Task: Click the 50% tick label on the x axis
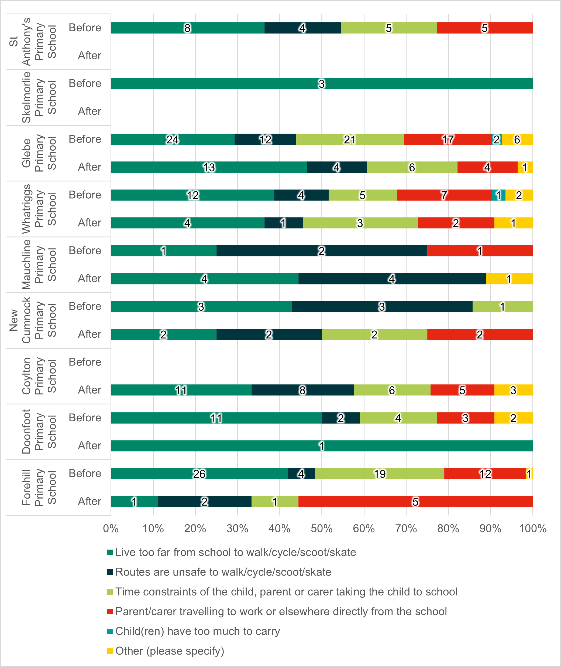click(x=321, y=529)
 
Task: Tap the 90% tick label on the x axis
click(x=490, y=529)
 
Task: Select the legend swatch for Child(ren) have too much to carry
click(x=110, y=631)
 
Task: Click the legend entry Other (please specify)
click(x=170, y=651)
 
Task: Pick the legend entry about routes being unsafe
click(x=223, y=572)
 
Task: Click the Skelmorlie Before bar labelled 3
click(x=322, y=84)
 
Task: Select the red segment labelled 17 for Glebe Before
click(x=448, y=140)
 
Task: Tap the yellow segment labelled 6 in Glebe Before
click(x=517, y=140)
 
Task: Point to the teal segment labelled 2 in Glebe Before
click(x=497, y=140)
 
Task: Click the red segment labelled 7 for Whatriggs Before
click(x=444, y=195)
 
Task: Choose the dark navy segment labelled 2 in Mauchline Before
click(x=322, y=251)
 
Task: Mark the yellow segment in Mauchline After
click(x=509, y=279)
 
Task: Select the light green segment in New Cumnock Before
click(x=503, y=307)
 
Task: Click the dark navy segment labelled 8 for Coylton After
click(x=302, y=390)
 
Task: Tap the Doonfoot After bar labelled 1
click(x=322, y=446)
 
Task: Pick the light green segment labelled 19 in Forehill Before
click(x=379, y=474)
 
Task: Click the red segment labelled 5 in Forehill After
click(x=415, y=502)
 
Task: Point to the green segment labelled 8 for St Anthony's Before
click(x=188, y=28)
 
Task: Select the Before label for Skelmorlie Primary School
click(x=85, y=83)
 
